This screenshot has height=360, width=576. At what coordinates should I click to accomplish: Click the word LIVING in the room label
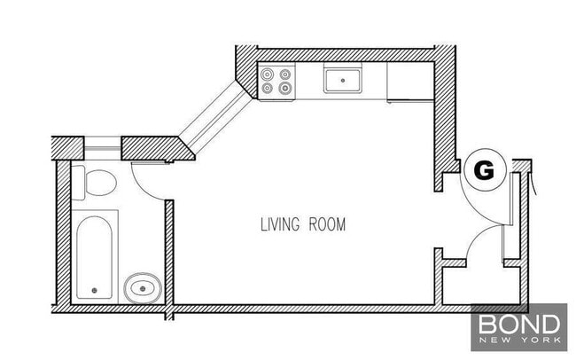(x=280, y=224)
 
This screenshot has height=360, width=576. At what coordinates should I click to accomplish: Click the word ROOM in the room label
(x=326, y=224)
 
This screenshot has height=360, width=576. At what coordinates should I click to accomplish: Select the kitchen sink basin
(x=341, y=81)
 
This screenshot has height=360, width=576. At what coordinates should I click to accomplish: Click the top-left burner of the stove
(x=268, y=74)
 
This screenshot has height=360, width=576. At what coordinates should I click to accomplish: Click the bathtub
(x=96, y=255)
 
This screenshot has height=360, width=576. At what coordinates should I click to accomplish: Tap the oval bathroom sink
(x=142, y=286)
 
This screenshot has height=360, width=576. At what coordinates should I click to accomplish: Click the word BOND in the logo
(x=518, y=322)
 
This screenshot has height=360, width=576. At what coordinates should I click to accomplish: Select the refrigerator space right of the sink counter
(x=407, y=81)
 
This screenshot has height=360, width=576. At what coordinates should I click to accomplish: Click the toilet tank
(x=78, y=182)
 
